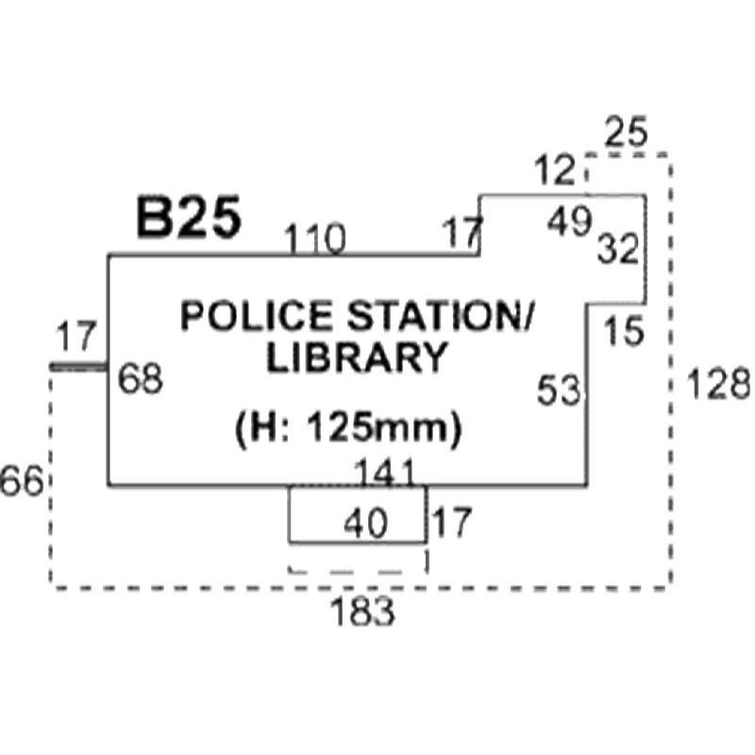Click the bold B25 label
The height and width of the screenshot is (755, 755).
click(x=189, y=217)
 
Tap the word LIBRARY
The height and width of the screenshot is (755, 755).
click(x=358, y=358)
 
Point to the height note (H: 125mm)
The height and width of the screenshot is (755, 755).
click(x=348, y=428)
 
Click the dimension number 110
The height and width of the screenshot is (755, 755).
click(x=314, y=239)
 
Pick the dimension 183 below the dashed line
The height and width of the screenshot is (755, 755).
click(x=362, y=611)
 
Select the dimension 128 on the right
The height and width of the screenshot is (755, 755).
click(x=718, y=383)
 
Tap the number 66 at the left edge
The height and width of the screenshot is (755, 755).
click(x=22, y=481)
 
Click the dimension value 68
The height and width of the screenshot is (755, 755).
click(x=141, y=378)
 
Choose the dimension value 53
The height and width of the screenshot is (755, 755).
click(x=559, y=390)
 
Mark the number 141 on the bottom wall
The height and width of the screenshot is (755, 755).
click(x=385, y=472)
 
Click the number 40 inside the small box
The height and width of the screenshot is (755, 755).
click(x=366, y=524)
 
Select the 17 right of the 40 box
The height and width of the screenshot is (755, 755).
click(x=452, y=523)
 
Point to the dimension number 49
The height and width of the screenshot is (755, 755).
click(x=569, y=221)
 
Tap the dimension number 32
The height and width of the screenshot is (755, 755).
click(x=618, y=248)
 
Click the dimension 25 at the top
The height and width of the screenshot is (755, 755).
click(x=626, y=131)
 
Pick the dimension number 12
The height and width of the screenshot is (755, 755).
click(x=555, y=170)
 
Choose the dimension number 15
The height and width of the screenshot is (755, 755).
click(x=624, y=331)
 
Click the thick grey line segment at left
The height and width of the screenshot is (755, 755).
click(x=78, y=367)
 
